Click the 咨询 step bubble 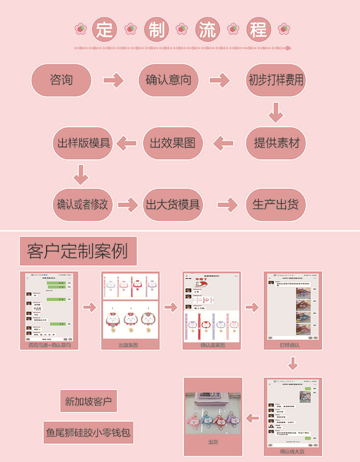point(61,80)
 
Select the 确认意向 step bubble point(168,80)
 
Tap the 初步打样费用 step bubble point(276,80)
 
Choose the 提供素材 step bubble point(276,143)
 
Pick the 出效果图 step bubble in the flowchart point(173,143)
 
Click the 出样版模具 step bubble point(83,143)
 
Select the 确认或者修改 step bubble point(82,204)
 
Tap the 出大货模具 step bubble point(173,204)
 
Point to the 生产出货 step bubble point(276,204)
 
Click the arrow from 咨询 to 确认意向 point(114,80)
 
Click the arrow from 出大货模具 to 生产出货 point(228,205)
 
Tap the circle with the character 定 point(104,30)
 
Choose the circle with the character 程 point(258,30)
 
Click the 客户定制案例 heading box point(78,251)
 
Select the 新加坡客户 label point(88,401)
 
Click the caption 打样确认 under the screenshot point(292,345)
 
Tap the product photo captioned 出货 point(213,413)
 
